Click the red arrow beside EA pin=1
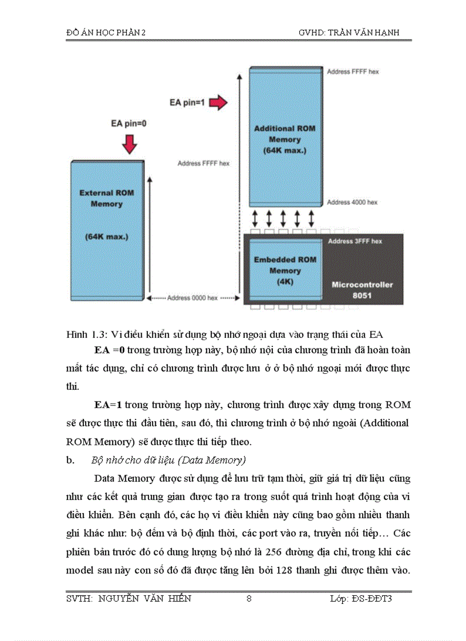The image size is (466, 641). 217,103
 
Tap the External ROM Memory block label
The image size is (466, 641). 106,198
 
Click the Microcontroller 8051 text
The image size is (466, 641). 363,289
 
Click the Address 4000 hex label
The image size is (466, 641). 352,203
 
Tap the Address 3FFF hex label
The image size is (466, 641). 355,241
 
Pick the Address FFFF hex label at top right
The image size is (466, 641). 353,72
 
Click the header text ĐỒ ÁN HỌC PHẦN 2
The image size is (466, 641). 106,33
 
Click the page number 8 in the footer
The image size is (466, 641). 248,598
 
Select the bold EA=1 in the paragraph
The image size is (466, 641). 108,405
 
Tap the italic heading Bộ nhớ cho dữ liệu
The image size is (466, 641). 160,460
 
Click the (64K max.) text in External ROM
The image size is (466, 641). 106,236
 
